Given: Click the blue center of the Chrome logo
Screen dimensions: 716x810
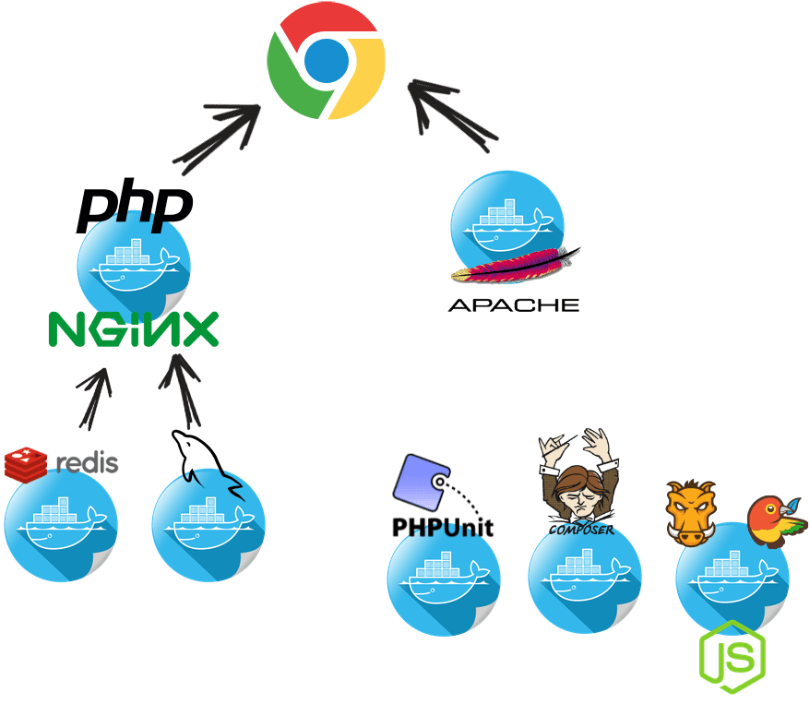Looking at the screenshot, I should tap(326, 62).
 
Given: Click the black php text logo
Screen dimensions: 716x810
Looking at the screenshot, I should tap(135, 207).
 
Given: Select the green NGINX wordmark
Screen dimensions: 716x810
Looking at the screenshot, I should tap(134, 328).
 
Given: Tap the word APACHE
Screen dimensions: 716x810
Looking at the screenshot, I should tap(514, 304).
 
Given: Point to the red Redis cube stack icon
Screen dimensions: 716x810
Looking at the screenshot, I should tap(26, 464).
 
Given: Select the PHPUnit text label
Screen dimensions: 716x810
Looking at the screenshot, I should tap(442, 527).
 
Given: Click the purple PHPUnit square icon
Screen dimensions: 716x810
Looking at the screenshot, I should tap(420, 481).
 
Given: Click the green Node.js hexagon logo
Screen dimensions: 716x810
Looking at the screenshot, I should tap(733, 651).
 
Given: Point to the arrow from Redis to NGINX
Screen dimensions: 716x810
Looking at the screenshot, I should tap(94, 397).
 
